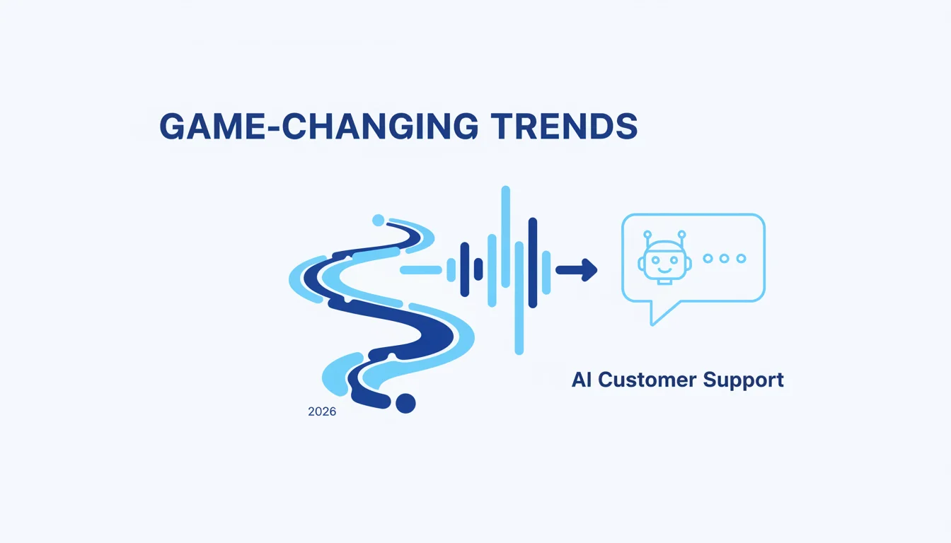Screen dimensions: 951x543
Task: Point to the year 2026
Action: [x=322, y=411]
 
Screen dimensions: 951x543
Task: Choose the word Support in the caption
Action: [x=744, y=380]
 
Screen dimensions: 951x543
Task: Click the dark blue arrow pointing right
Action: [x=577, y=270]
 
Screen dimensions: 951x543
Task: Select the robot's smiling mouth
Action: [x=664, y=269]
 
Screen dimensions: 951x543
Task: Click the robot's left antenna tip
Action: [x=647, y=234]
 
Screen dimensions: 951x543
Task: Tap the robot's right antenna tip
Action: [x=682, y=234]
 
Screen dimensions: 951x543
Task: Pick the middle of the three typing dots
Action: [x=725, y=258]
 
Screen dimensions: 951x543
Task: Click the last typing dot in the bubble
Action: [x=741, y=258]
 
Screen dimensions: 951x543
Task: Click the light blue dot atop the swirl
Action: [x=379, y=220]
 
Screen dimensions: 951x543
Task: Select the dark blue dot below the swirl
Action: [x=405, y=403]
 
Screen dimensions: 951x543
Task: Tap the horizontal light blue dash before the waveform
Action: [x=421, y=270]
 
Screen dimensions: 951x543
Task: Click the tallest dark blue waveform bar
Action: [x=533, y=262]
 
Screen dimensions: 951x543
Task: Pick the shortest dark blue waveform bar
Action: [x=478, y=269]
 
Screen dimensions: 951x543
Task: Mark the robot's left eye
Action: [x=657, y=259]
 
